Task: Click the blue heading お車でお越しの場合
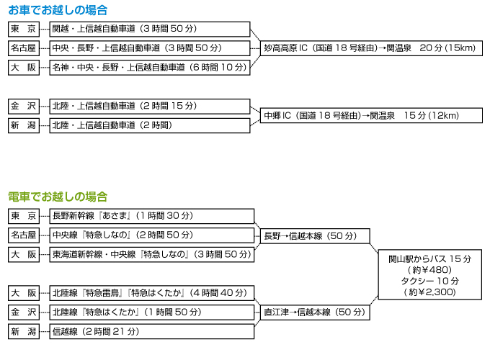click(x=58, y=10)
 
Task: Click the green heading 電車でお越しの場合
click(x=58, y=197)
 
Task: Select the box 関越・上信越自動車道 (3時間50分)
click(x=150, y=29)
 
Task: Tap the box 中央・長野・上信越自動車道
click(x=150, y=48)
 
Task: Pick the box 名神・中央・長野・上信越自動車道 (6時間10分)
click(x=150, y=68)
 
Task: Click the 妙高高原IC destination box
click(x=371, y=48)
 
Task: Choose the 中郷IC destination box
click(x=371, y=115)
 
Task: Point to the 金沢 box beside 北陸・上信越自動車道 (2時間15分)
click(x=24, y=106)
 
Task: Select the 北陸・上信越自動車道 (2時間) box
click(x=150, y=125)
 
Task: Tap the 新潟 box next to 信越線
click(x=24, y=332)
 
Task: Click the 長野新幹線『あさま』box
click(x=152, y=216)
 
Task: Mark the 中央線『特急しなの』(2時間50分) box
click(x=152, y=235)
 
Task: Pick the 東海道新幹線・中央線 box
click(x=152, y=255)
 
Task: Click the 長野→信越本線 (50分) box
click(x=315, y=236)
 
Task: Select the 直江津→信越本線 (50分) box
click(x=315, y=312)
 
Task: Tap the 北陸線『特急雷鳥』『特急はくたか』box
click(x=152, y=293)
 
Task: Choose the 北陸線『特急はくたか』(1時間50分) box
click(x=152, y=312)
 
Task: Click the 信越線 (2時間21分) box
click(x=152, y=332)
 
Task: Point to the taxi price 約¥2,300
click(x=430, y=292)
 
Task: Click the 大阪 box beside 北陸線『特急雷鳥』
click(x=24, y=293)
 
